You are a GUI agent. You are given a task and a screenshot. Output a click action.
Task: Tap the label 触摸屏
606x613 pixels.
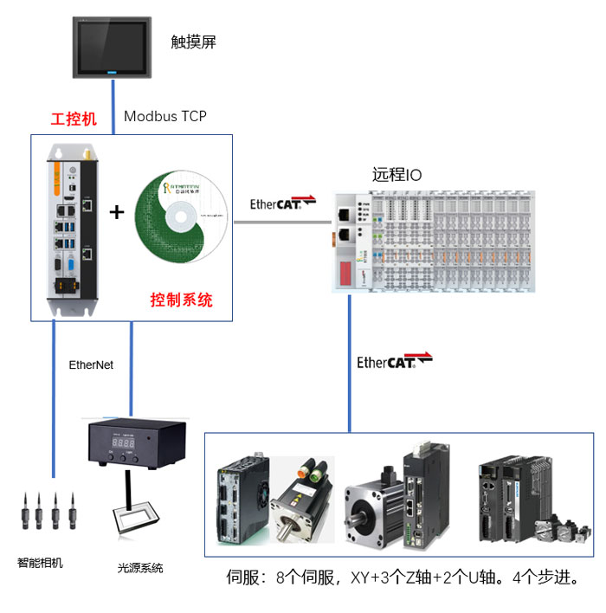[193, 42]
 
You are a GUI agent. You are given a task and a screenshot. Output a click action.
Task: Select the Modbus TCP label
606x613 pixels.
[165, 116]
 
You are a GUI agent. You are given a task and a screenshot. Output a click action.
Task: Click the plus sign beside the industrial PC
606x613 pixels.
[116, 212]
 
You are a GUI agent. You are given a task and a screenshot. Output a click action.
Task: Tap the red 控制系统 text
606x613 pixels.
[181, 300]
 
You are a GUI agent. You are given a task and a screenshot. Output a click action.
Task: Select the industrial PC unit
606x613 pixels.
[70, 229]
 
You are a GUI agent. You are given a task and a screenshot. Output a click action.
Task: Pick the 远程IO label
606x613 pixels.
[397, 175]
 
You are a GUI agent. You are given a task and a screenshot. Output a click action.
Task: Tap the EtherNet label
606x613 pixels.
[91, 365]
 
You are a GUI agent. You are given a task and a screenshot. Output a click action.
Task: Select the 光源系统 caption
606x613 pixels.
[140, 568]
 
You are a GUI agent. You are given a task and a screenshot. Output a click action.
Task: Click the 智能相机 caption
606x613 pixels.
[41, 563]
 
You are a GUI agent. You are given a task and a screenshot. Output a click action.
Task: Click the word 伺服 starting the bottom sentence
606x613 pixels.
[242, 577]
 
